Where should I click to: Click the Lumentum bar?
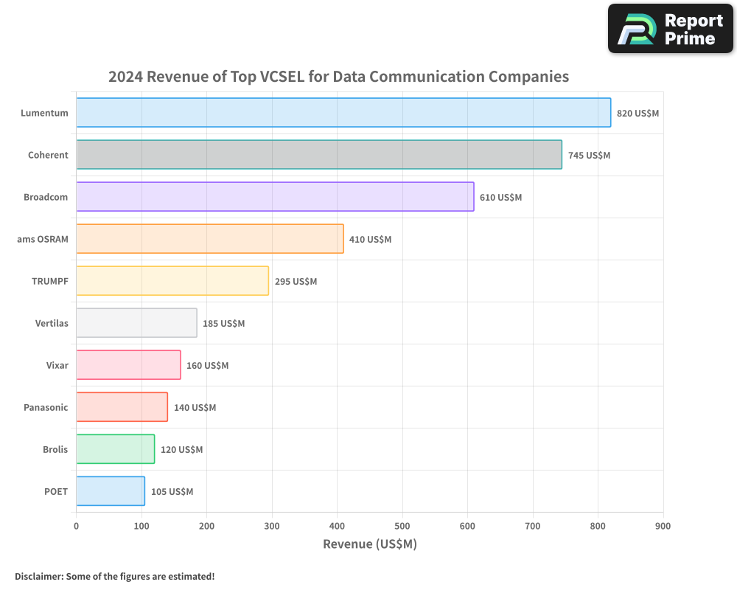click(x=343, y=113)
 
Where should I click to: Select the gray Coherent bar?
click(x=319, y=155)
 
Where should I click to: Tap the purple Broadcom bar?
click(x=275, y=197)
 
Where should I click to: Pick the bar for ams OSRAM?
click(x=210, y=239)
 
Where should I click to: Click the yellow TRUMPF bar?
click(x=172, y=281)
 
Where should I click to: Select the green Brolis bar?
click(x=116, y=449)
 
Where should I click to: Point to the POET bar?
click(x=111, y=491)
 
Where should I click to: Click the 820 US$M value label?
click(x=638, y=114)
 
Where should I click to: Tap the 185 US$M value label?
click(x=223, y=324)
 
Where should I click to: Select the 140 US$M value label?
click(x=195, y=408)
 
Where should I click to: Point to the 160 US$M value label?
click(x=207, y=366)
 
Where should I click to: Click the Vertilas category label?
click(x=52, y=323)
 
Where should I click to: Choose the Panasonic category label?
click(x=46, y=407)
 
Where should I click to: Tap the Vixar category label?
click(x=57, y=365)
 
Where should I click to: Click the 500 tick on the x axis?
click(x=402, y=526)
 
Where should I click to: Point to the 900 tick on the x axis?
click(x=663, y=526)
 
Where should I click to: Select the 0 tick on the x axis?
click(x=77, y=526)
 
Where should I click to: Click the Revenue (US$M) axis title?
click(x=370, y=544)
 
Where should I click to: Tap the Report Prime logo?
click(x=671, y=29)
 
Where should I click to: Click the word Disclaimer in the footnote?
click(x=38, y=576)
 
